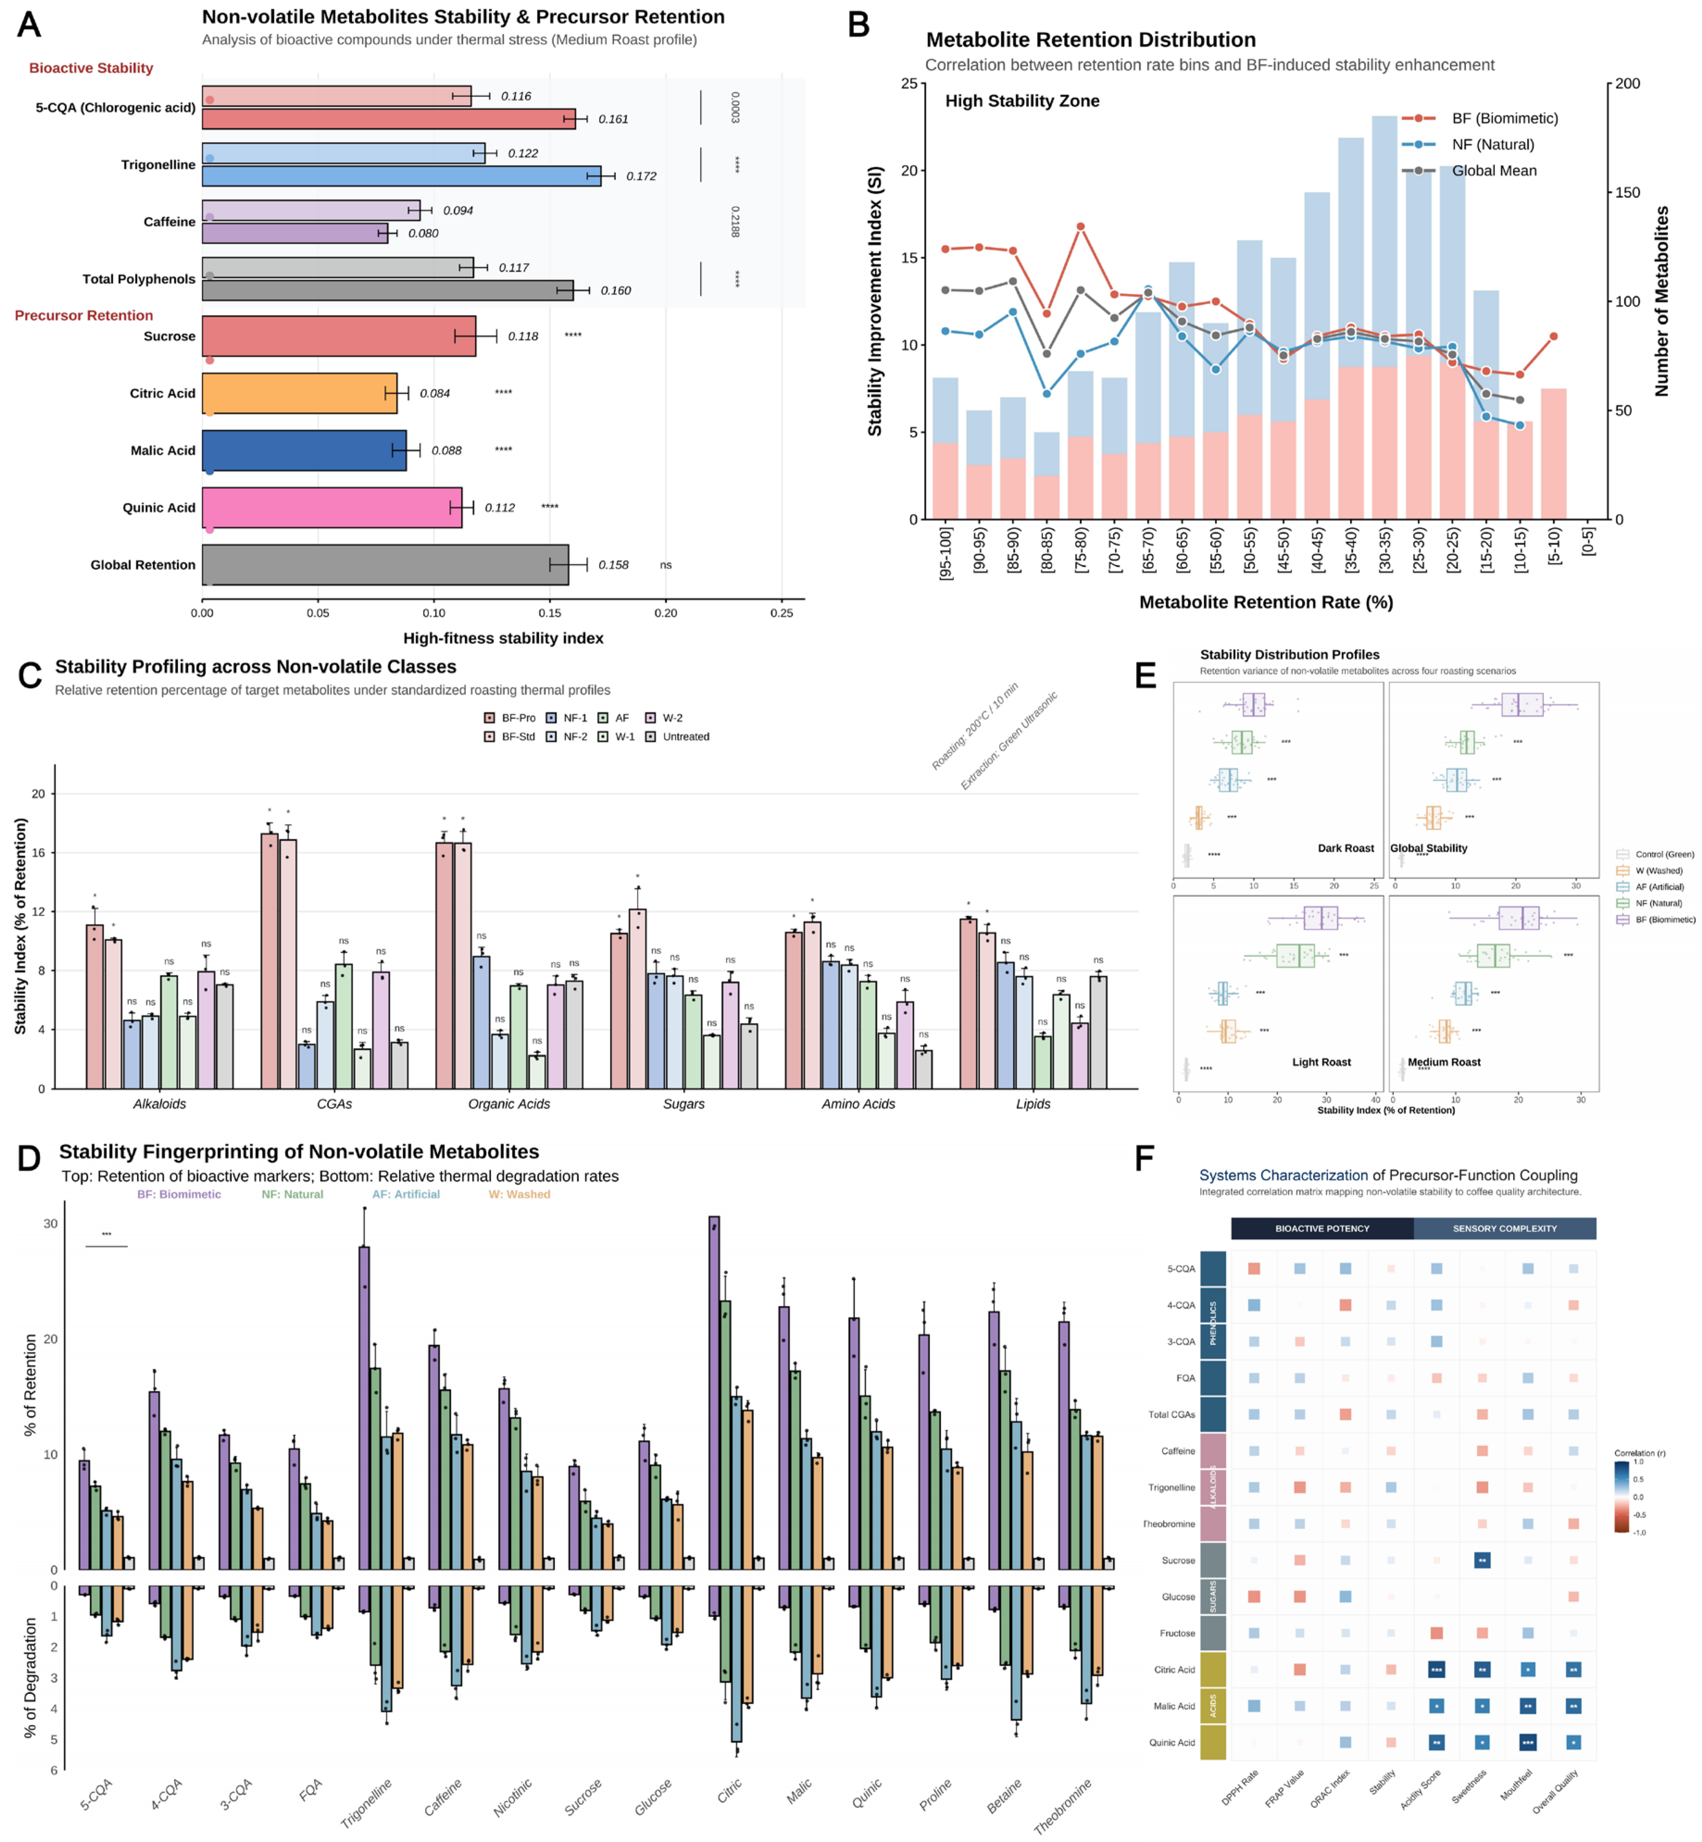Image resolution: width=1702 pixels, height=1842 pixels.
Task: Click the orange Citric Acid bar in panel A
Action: (299, 393)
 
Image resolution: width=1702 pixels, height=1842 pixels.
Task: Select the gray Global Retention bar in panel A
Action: (385, 564)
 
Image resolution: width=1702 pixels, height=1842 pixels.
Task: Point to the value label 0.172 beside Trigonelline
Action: (641, 176)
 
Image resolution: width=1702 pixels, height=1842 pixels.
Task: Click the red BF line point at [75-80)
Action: (1080, 226)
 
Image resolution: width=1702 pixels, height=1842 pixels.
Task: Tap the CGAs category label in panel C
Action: (334, 1104)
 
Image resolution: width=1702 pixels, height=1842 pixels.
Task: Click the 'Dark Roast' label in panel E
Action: (1345, 848)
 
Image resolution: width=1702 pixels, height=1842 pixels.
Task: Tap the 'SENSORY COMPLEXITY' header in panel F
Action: (1504, 1228)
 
